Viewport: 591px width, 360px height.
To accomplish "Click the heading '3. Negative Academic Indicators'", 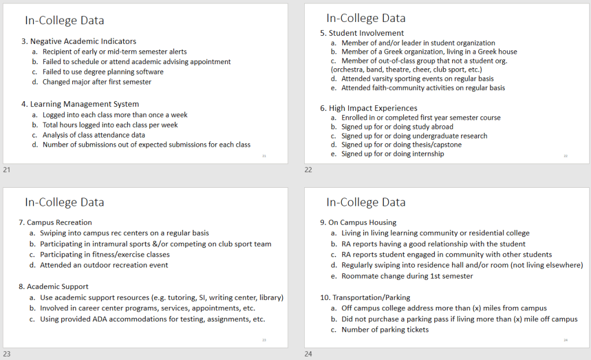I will pyautogui.click(x=79, y=42).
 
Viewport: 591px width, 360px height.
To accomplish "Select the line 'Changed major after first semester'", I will pyautogui.click(x=97, y=82).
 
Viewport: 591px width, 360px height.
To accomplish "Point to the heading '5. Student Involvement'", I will pyautogui.click(x=362, y=33).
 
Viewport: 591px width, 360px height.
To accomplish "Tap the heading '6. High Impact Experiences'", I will pyautogui.click(x=368, y=108).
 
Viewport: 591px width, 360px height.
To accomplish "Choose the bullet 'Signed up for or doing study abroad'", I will pyautogui.click(x=397, y=127).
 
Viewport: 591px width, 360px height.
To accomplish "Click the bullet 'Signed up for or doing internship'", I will pyautogui.click(x=393, y=154).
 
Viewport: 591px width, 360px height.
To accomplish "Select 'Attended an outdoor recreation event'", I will pyautogui.click(x=104, y=265).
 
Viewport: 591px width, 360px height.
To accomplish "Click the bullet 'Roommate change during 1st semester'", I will pyautogui.click(x=407, y=276).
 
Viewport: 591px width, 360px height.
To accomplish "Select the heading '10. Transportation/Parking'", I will pyautogui.click(x=365, y=298).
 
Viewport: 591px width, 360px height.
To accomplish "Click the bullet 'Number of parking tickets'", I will pyautogui.click(x=385, y=330).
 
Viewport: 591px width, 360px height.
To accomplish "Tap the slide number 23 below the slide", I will pyautogui.click(x=7, y=354).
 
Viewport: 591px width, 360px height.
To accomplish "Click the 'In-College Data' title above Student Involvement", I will pyautogui.click(x=365, y=18).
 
